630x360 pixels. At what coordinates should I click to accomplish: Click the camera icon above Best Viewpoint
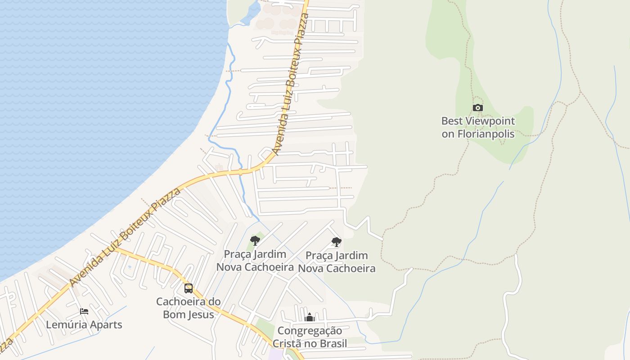pyautogui.click(x=478, y=108)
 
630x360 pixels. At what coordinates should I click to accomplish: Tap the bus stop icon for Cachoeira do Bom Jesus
pyautogui.click(x=189, y=288)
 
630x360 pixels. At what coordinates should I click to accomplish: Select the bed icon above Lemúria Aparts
pyautogui.click(x=84, y=311)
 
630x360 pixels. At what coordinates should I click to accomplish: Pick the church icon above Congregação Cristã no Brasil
pyautogui.click(x=309, y=318)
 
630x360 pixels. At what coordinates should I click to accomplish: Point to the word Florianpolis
pyautogui.click(x=486, y=134)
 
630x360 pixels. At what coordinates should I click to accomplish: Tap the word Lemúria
pyautogui.click(x=66, y=324)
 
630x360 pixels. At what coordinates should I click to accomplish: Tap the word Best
pyautogui.click(x=451, y=121)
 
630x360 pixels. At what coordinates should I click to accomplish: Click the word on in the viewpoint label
pyautogui.click(x=448, y=134)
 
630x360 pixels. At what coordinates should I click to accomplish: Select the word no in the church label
pyautogui.click(x=309, y=344)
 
